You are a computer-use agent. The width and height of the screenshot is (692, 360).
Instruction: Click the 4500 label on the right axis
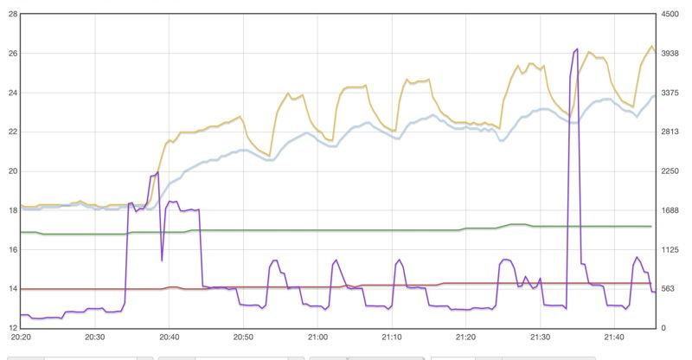pos(671,14)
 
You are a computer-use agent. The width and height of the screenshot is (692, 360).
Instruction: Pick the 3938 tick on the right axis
pos(671,54)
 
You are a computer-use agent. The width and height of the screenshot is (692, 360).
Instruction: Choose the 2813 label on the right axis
pos(671,132)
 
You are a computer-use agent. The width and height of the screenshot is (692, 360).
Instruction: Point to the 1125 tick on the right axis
pos(671,249)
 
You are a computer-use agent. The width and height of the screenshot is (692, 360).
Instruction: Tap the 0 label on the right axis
pos(663,327)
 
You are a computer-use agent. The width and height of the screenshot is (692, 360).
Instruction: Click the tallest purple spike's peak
pos(577,50)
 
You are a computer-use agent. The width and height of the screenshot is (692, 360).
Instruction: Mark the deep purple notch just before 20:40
pos(162,260)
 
